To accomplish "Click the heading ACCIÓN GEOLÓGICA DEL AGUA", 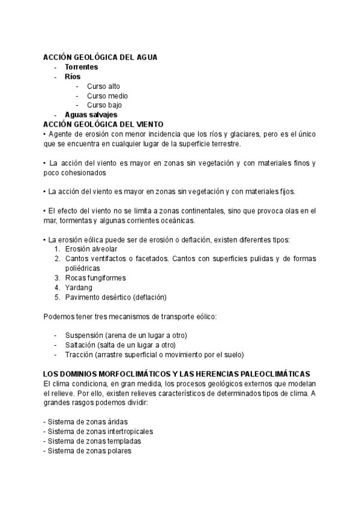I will [100, 57].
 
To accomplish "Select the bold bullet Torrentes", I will [81, 67].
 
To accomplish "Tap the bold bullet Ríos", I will [73, 76].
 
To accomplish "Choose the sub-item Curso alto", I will [103, 86].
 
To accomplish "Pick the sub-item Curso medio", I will [107, 95].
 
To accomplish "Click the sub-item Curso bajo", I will [104, 105].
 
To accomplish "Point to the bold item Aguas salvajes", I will [91, 115].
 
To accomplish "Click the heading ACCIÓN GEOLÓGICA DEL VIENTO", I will [103, 124].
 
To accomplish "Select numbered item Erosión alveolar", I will [91, 249].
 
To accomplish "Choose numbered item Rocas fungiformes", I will [95, 278].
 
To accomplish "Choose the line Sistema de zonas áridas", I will [87, 422].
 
